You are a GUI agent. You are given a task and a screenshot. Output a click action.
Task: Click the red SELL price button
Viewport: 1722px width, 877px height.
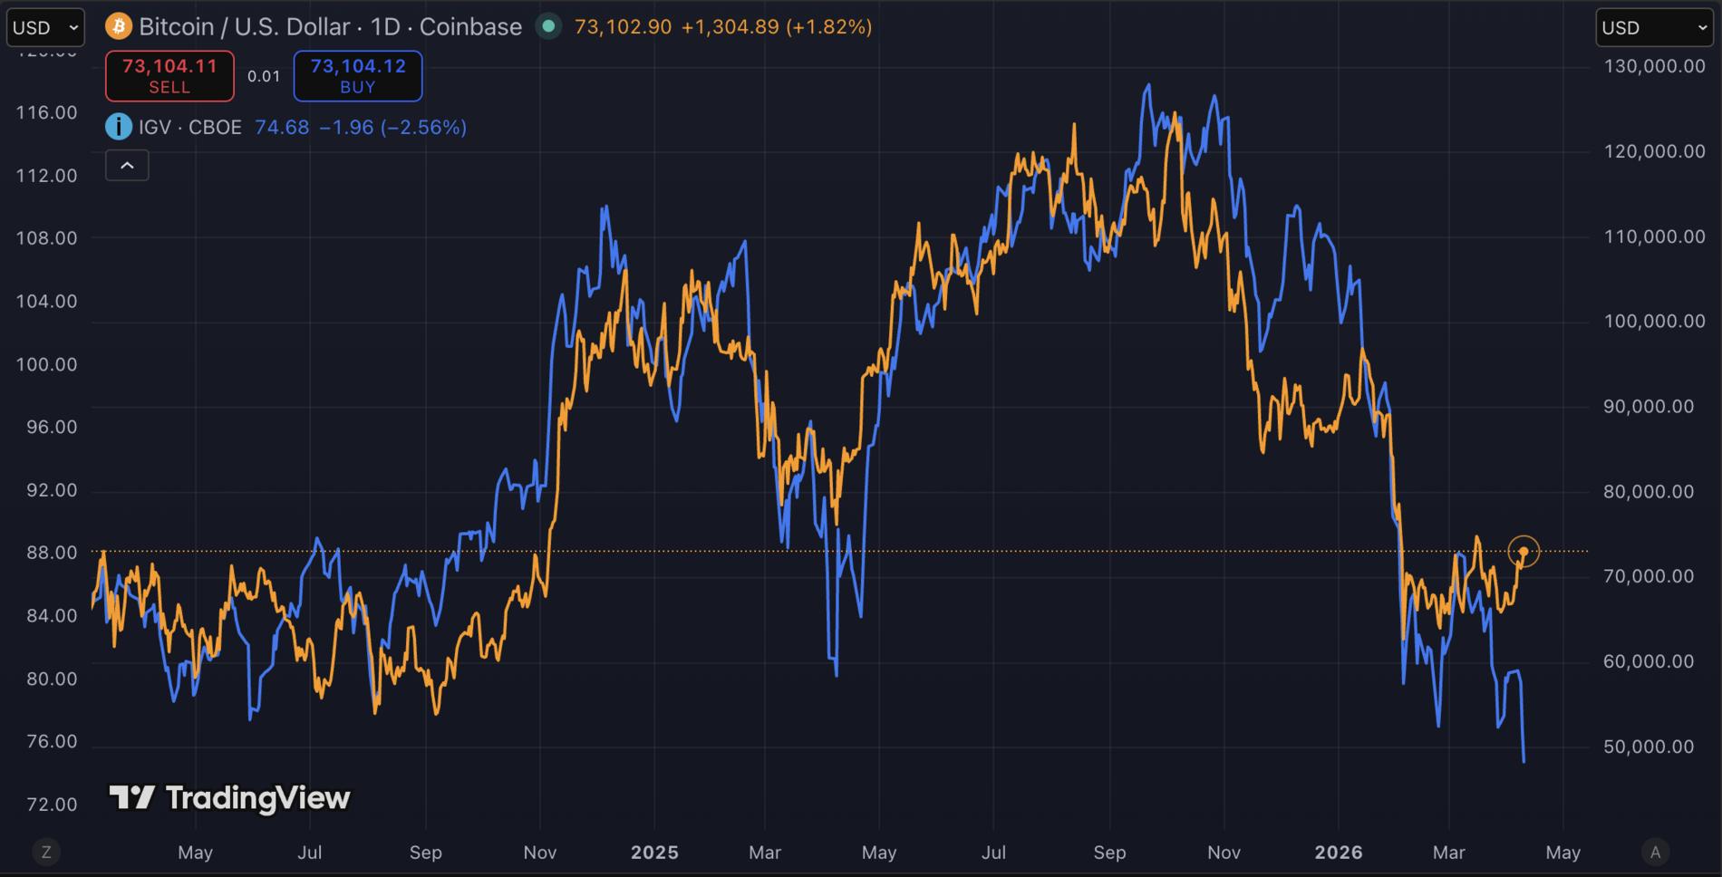click(169, 76)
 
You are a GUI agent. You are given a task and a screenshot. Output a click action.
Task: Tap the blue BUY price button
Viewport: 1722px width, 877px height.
click(357, 76)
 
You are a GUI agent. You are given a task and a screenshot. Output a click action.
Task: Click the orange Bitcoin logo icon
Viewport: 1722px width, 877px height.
click(119, 26)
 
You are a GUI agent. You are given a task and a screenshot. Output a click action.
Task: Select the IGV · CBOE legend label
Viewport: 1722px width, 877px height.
click(190, 127)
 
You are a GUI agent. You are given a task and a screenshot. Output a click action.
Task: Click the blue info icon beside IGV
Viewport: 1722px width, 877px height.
click(119, 127)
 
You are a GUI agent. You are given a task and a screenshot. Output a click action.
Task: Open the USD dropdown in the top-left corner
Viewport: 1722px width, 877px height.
click(45, 27)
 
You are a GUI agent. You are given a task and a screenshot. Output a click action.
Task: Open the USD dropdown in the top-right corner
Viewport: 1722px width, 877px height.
click(1654, 27)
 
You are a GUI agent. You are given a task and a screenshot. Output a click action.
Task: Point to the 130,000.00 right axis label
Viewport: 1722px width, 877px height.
click(1654, 66)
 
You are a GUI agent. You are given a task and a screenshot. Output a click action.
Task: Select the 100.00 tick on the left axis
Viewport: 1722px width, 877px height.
click(46, 364)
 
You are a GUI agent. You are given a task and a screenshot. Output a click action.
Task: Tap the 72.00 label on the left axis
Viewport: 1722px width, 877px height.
click(46, 805)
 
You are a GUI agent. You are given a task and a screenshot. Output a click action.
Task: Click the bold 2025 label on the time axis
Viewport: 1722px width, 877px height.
click(654, 853)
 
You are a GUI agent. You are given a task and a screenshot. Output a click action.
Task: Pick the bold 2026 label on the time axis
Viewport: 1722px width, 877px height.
click(1339, 853)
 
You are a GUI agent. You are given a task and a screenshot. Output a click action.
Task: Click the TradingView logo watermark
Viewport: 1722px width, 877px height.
click(229, 797)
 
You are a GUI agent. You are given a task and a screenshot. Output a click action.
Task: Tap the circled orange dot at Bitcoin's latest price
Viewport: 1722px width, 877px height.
click(1524, 551)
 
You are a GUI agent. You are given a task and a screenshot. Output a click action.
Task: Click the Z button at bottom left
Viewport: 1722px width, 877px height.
click(46, 852)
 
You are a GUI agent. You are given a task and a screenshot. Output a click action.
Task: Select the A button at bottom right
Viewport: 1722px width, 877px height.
click(1655, 852)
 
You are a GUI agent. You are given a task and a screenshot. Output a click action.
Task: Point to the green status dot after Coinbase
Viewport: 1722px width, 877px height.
click(548, 26)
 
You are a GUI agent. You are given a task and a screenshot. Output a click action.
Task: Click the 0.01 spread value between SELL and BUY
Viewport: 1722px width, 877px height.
click(264, 76)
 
